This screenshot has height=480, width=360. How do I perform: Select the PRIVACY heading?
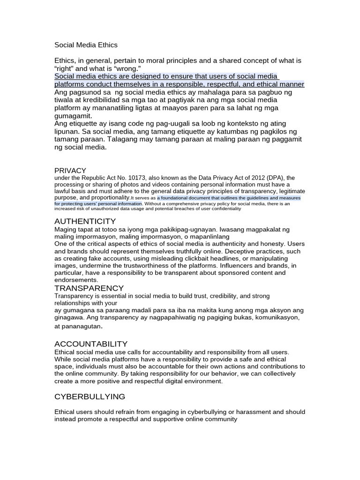70,171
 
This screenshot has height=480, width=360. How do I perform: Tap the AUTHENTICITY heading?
85,221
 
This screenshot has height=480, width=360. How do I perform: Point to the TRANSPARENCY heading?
89,288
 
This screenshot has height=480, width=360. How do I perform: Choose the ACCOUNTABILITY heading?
91,344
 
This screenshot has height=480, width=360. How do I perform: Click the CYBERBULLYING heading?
90,397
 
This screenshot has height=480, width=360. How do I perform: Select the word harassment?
247,412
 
